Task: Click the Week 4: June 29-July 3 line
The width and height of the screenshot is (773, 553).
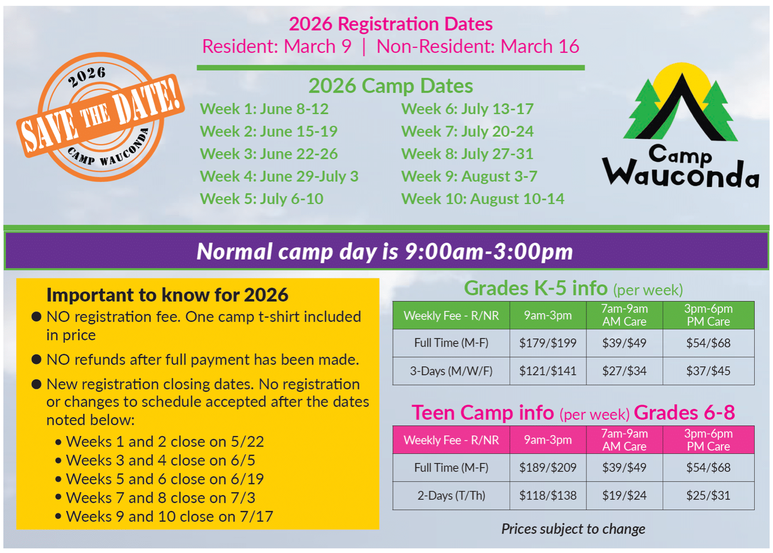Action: coord(279,176)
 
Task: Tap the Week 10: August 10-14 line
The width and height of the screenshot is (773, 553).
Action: coord(483,199)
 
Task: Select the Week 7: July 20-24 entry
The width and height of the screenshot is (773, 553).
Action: coord(467,131)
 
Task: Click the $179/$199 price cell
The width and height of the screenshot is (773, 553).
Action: coord(548,343)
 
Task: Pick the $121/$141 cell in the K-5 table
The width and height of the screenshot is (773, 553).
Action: coord(548,371)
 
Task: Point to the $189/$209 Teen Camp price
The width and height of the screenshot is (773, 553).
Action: coord(548,468)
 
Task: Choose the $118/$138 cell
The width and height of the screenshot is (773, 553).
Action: coord(548,495)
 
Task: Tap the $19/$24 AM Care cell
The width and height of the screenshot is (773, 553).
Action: coord(624,495)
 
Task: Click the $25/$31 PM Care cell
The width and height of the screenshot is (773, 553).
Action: coord(708,495)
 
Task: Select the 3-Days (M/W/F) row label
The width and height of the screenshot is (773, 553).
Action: coord(451,371)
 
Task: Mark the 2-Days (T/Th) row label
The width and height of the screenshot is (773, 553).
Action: coord(451,495)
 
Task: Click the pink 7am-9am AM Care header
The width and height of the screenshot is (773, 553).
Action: coord(624,440)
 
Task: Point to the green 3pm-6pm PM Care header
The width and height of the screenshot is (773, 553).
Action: coord(708,315)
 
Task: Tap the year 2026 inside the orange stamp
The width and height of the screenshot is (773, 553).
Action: coord(87,77)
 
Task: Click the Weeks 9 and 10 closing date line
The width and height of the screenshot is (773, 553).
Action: coord(164,517)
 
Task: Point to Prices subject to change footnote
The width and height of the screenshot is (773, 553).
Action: coord(573,529)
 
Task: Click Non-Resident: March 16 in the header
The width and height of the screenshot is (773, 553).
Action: coord(478,46)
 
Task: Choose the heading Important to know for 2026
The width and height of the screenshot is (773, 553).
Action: coord(167,295)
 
